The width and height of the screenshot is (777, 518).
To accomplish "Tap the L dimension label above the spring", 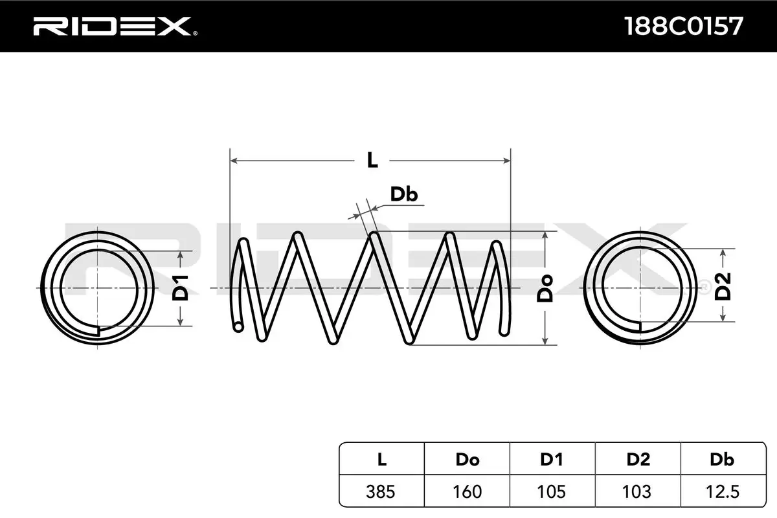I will [x=372, y=160].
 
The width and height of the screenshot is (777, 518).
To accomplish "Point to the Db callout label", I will [x=403, y=194].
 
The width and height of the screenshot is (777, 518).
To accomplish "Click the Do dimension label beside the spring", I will [x=546, y=288].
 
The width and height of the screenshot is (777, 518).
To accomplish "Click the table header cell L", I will [x=381, y=460].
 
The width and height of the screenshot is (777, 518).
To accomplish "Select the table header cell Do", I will [x=467, y=460].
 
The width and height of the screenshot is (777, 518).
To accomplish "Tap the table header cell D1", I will [x=552, y=460].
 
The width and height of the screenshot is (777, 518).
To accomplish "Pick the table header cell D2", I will [x=638, y=460].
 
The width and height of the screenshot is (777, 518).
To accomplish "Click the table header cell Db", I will [x=722, y=460].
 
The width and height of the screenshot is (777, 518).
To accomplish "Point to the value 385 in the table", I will [x=381, y=491].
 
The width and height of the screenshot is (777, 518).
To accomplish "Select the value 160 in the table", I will [x=467, y=491].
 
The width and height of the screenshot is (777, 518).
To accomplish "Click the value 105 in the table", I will [x=552, y=491].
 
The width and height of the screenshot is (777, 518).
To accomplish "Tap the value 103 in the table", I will [x=638, y=491].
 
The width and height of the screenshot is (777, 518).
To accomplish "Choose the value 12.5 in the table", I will [x=722, y=491].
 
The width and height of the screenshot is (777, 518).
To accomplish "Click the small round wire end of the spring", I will [x=238, y=327].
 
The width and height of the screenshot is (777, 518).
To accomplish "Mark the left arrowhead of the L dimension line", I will [x=234, y=159].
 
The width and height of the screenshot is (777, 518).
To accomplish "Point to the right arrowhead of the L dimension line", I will [x=508, y=159].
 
